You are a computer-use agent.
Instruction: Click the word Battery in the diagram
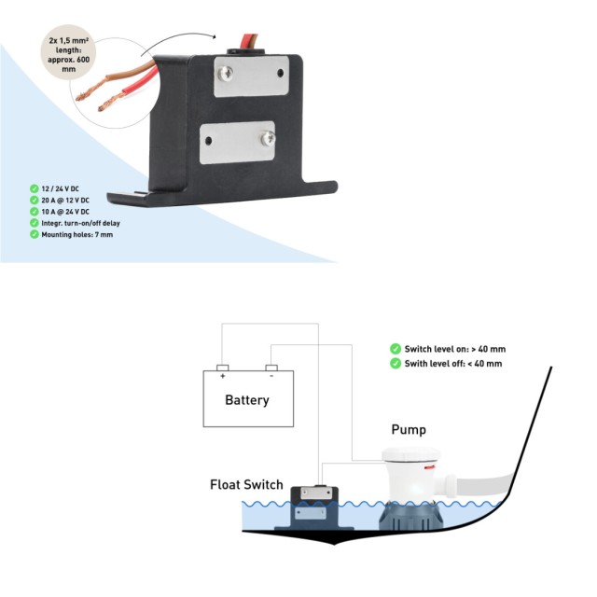point(247,400)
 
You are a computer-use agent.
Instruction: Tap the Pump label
point(409,430)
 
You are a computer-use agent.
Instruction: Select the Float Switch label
point(246,485)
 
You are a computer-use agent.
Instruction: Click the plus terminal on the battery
point(222,368)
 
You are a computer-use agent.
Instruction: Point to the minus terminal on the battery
point(271,368)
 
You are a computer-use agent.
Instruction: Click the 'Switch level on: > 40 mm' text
point(454,349)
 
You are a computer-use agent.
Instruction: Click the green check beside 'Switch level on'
point(395,349)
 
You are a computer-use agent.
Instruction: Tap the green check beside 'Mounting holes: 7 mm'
point(34,235)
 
